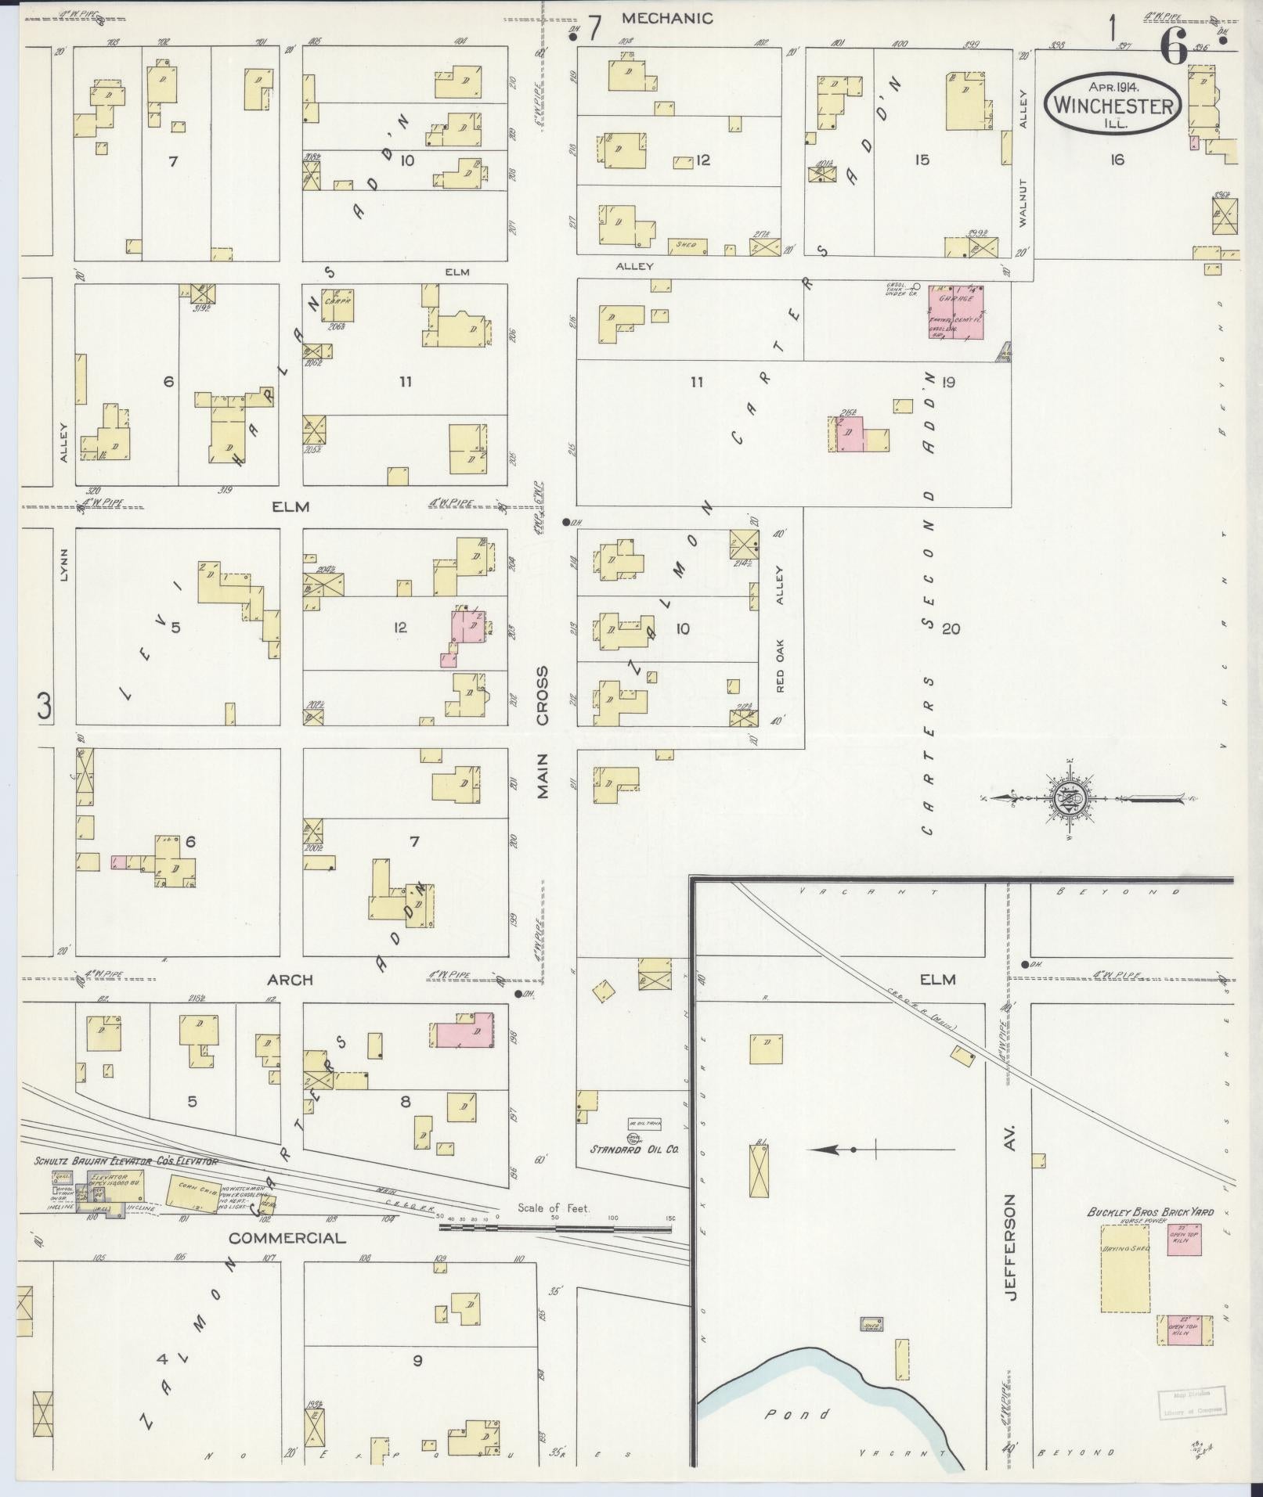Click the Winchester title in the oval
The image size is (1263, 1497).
[1115, 105]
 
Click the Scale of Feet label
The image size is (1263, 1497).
[554, 1229]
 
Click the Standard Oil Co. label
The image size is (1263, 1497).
[634, 1150]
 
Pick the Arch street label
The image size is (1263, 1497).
[290, 980]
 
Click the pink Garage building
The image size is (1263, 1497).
[956, 312]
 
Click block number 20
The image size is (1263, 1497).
[951, 628]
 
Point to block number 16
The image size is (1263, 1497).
[1117, 160]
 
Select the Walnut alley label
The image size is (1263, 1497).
[1023, 203]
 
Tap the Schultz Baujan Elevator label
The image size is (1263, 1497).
[125, 1162]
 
